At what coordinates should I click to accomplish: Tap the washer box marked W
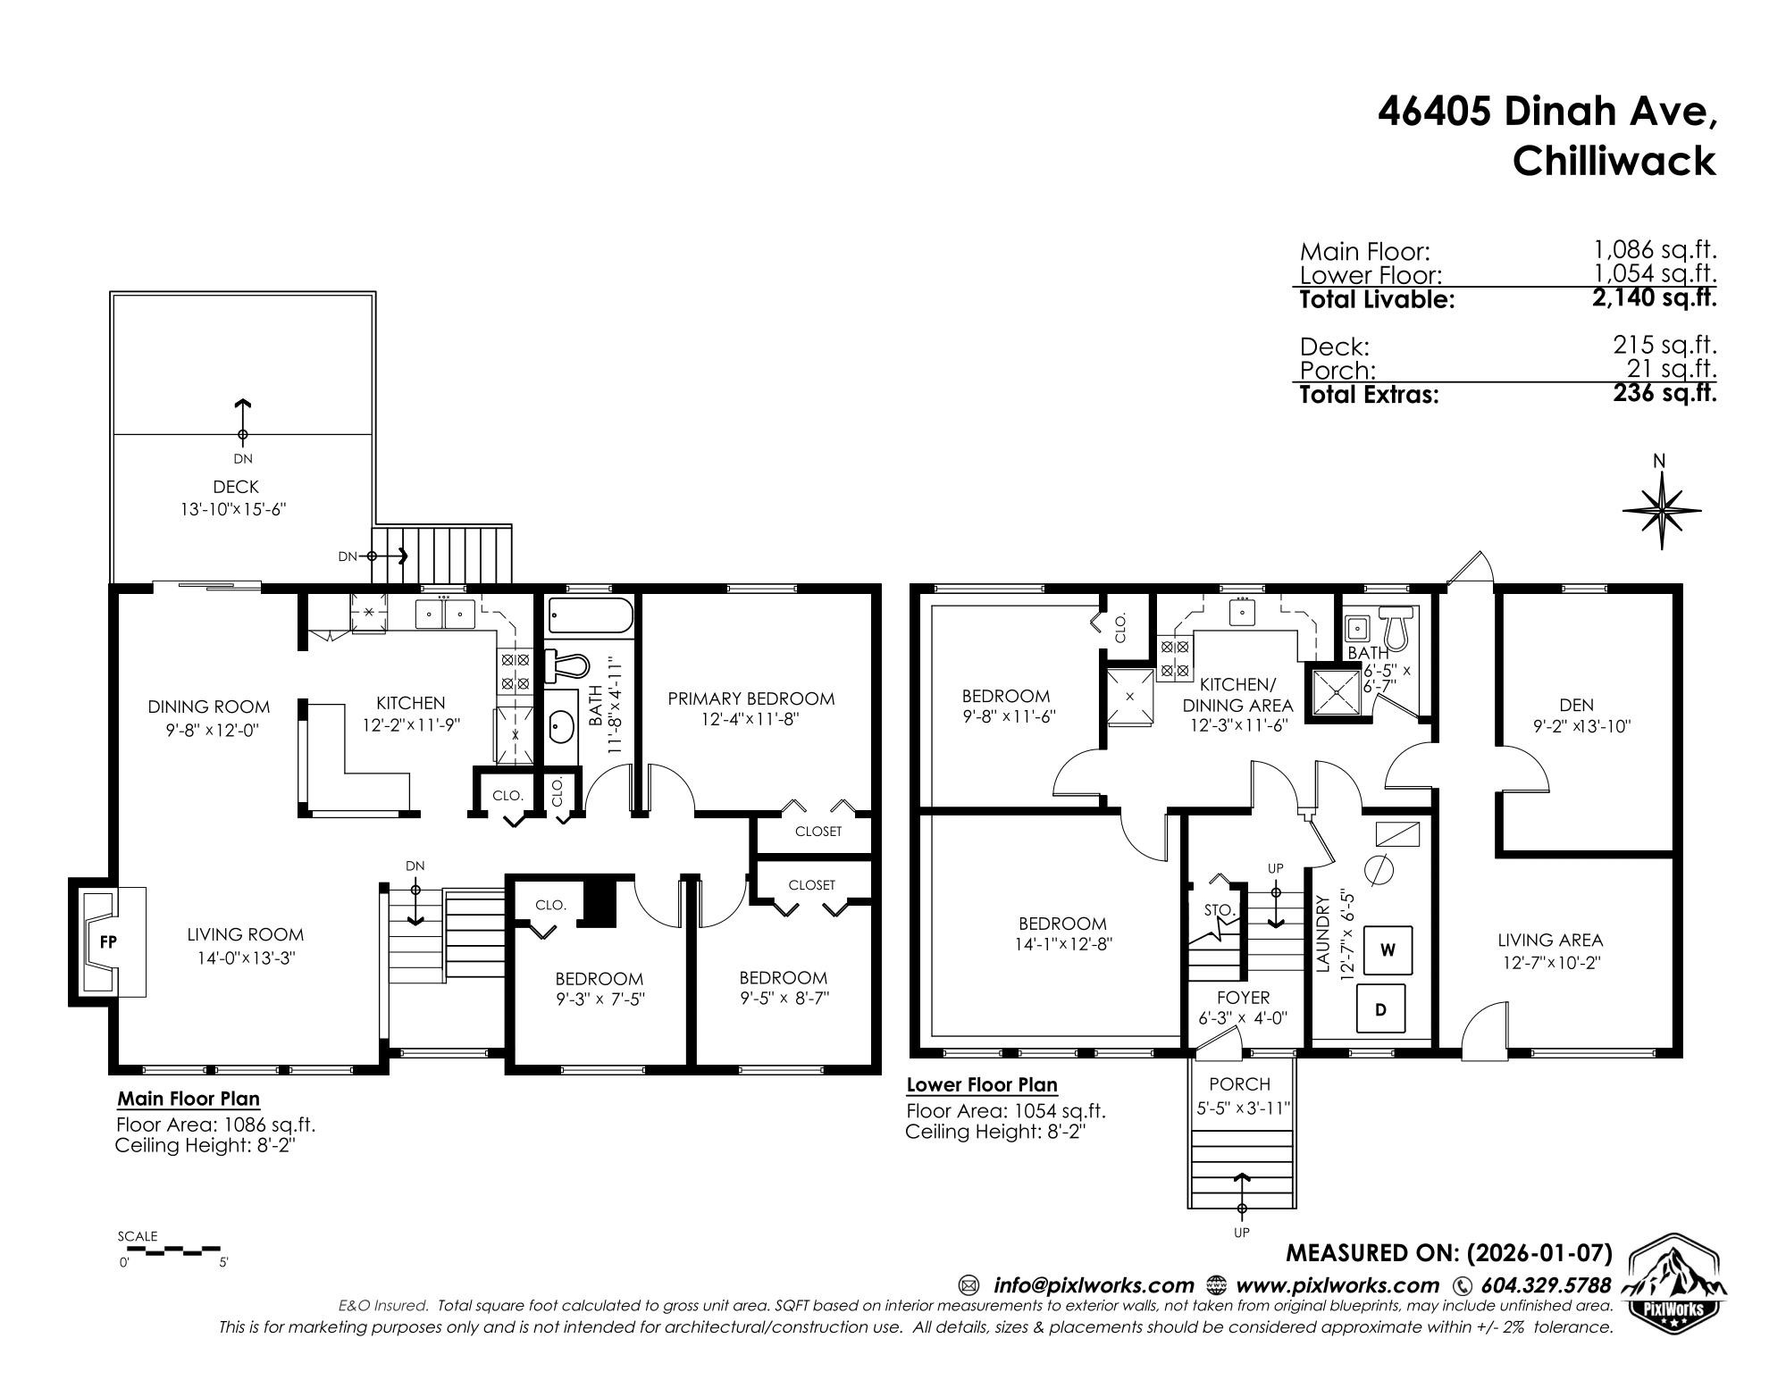(x=1388, y=949)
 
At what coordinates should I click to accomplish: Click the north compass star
(x=1661, y=510)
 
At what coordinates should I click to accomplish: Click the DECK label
(x=236, y=487)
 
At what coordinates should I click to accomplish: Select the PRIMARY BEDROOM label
(x=751, y=698)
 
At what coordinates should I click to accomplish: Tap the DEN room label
(x=1577, y=705)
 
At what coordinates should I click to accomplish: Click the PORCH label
(x=1239, y=1084)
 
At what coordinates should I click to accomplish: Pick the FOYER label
(x=1243, y=998)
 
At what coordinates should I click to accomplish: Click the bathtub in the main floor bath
(x=591, y=616)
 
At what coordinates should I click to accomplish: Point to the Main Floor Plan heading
(x=189, y=1099)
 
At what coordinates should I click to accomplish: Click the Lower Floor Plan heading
(x=982, y=1085)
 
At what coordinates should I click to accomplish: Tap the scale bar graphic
(x=170, y=1250)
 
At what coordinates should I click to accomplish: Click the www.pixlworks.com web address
(x=1337, y=1285)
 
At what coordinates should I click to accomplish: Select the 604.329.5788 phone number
(x=1546, y=1285)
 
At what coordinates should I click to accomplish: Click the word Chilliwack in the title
(x=1614, y=161)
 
